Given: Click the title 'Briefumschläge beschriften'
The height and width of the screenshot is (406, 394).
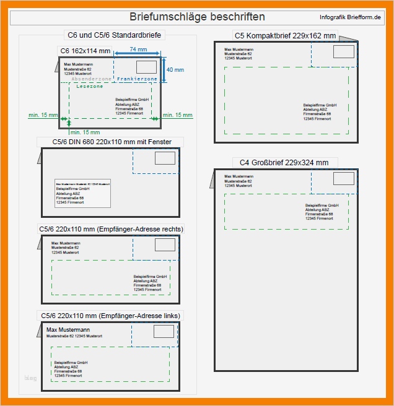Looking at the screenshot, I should [x=197, y=17].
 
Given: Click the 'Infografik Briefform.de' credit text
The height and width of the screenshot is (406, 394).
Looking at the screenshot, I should [x=350, y=17].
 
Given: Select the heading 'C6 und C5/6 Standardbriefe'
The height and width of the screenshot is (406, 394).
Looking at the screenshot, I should [x=114, y=35].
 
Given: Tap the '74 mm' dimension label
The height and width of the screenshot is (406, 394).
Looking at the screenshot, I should [x=138, y=49].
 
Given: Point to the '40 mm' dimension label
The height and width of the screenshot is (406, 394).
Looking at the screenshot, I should [x=175, y=70].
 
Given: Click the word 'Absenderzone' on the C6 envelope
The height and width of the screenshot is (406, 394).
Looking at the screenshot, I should [x=92, y=80].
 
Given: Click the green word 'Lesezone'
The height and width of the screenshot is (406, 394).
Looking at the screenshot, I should [x=90, y=87].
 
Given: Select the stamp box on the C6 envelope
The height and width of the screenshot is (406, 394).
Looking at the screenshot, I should [x=147, y=67].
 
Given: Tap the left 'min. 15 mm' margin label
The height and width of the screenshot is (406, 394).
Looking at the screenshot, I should [x=43, y=115].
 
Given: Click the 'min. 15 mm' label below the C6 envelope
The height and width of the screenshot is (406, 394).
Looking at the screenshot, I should [x=85, y=132].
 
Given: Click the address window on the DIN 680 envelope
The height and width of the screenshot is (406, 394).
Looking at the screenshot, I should [x=82, y=192].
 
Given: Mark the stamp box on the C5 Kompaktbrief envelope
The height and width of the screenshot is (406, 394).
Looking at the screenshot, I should [x=343, y=52].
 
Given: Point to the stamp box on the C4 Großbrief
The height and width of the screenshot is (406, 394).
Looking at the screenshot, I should [x=343, y=179].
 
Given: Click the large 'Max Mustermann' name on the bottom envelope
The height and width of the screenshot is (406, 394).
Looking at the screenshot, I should [x=68, y=330].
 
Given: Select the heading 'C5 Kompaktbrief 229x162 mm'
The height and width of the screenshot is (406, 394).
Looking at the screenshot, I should [x=285, y=36].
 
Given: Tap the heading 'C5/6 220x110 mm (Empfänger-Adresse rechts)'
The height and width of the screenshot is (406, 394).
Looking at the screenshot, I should [x=111, y=229].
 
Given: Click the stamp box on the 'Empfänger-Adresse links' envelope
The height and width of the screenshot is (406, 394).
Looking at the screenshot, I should [x=164, y=332].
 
